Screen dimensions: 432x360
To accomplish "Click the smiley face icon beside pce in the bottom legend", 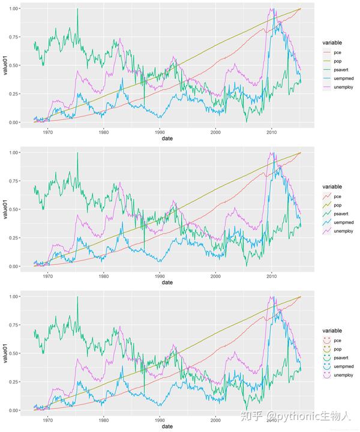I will [x=326, y=338].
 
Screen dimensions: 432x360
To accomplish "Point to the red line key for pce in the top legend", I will [x=326, y=52].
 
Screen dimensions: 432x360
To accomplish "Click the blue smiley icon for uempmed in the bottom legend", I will [x=326, y=365].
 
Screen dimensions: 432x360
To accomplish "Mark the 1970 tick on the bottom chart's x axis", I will [x=47, y=419].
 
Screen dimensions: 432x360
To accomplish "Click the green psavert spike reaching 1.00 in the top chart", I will [x=77, y=10].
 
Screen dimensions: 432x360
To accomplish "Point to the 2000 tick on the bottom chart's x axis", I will [x=215, y=419].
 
